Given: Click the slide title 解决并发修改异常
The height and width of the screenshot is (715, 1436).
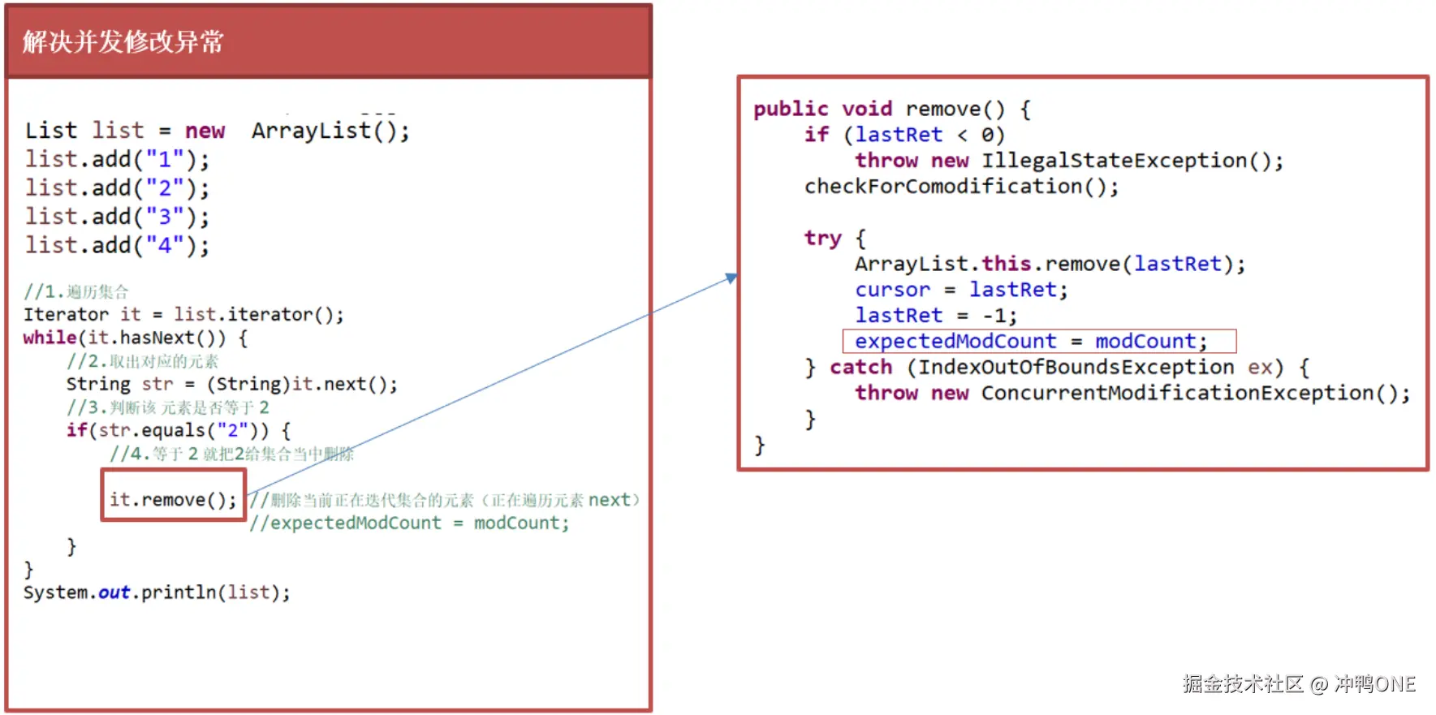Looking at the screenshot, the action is pos(123,41).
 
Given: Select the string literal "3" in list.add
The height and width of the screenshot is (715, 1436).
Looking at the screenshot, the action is pos(165,217).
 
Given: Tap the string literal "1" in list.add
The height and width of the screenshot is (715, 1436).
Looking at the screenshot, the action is pos(165,159).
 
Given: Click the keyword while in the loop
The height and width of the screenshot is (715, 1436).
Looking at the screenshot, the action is pos(50,338).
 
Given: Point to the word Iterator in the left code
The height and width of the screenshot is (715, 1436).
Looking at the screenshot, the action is pos(66,315).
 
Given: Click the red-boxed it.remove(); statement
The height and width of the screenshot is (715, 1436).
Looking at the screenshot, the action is pos(173,499).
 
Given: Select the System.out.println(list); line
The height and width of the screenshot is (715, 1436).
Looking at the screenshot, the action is pos(157,592).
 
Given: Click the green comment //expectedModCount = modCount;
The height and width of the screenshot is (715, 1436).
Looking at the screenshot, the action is pos(409,523).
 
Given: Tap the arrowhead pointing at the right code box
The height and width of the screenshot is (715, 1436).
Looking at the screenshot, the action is pos(731,278).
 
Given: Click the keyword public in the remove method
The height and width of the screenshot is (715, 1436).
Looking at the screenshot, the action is pos(791,109).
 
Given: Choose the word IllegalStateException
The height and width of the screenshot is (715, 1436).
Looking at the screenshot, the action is pos(1114,161).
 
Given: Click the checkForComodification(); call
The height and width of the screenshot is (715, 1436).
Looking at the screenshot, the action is pos(961,187).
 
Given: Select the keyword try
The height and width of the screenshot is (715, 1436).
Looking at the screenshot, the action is pos(822,239).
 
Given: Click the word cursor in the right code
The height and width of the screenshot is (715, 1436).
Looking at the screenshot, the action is pos(892,290).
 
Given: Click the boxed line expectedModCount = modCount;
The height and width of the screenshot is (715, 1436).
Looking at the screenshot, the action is pos(1031,342).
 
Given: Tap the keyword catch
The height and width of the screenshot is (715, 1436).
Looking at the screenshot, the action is pos(860,368).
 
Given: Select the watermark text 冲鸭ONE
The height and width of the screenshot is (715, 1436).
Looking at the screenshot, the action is pos(1375,684).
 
